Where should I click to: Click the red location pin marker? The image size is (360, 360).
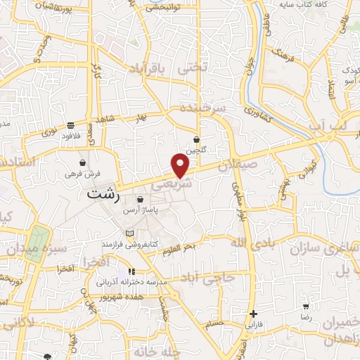(181, 165)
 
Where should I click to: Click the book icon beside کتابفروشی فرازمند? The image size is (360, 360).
(127, 233)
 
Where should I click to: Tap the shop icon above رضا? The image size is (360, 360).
(307, 307)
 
